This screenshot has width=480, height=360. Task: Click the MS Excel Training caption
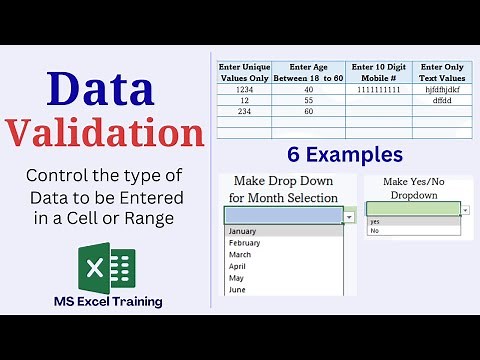(109, 300)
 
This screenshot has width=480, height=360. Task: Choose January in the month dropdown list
(244, 230)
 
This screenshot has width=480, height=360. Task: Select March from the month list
(242, 254)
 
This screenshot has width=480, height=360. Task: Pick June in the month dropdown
(238, 290)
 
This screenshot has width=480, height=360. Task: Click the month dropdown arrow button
(349, 216)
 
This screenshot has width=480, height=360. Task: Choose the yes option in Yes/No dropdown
(375, 222)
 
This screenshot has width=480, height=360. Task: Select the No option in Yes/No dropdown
(375, 231)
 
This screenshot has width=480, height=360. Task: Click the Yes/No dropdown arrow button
(467, 210)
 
